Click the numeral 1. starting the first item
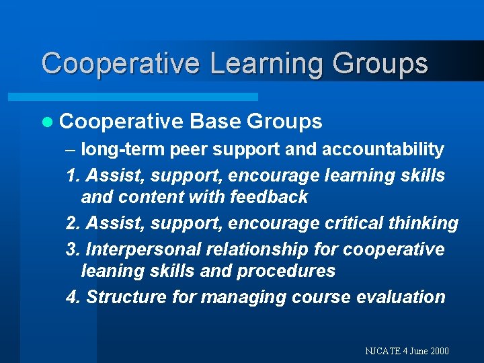coord(74,175)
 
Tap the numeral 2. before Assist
coord(74,223)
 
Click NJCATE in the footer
coord(382,351)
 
